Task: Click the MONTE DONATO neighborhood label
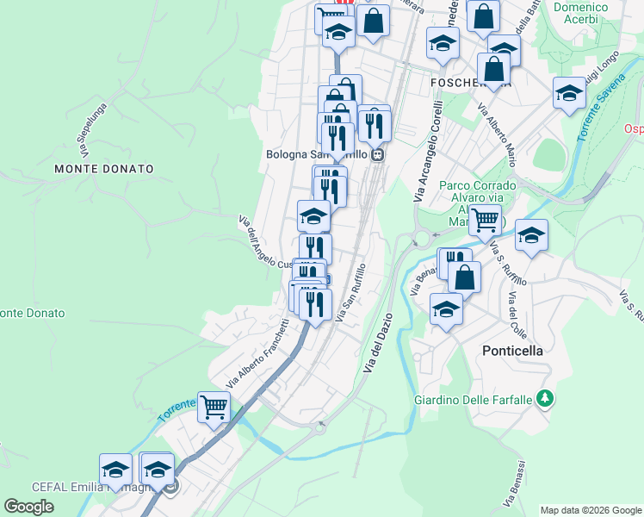(x=104, y=170)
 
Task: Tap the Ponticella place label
(x=512, y=351)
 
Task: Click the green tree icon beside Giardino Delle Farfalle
(x=544, y=398)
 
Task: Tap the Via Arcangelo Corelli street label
(x=428, y=153)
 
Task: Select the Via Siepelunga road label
(x=91, y=129)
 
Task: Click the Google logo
(x=28, y=507)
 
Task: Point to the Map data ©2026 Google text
(x=590, y=510)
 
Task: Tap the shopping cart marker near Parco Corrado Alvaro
(x=486, y=219)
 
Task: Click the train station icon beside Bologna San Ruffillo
(x=378, y=154)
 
